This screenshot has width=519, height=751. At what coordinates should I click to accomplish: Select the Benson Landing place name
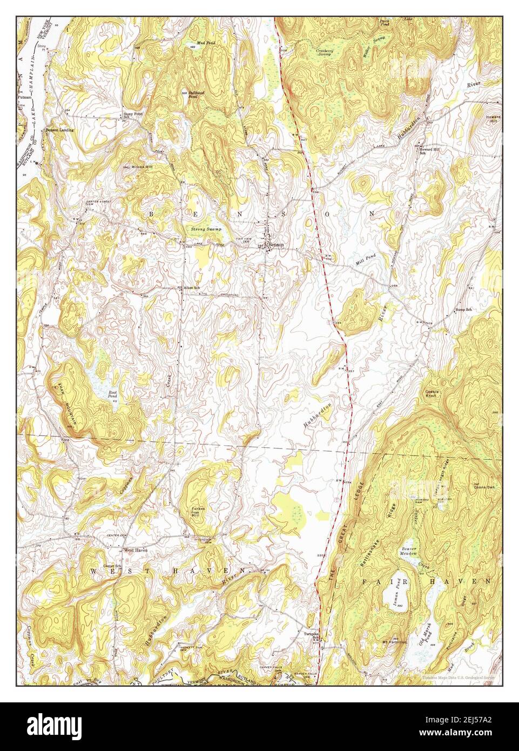(59, 130)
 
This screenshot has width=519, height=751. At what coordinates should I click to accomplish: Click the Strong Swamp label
(206, 230)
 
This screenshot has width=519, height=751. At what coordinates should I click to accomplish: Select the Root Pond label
(112, 394)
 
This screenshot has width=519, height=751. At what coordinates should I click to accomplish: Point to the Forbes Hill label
(198, 512)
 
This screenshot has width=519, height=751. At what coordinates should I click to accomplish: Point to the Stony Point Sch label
(131, 116)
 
